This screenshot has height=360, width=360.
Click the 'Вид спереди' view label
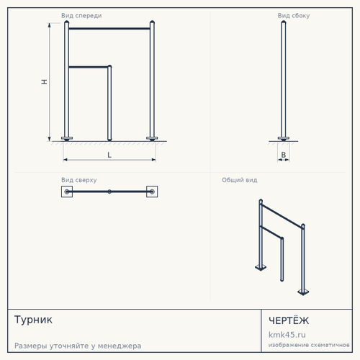pos(81,16)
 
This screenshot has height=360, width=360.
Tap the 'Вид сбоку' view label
pos(294,16)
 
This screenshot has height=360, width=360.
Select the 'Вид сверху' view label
pos(79,180)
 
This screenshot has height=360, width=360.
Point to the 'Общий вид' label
pos(240,180)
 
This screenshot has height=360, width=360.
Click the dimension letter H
pos(44,82)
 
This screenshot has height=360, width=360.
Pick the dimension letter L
pos(109,155)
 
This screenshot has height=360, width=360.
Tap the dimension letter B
pos(284,155)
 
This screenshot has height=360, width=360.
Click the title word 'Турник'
pos(33,320)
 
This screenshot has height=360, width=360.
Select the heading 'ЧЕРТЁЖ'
pos(289,320)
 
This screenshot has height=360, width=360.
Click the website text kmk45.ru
pos(287,335)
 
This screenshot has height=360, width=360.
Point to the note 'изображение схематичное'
pos(309,345)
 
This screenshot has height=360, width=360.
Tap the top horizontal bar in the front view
pos(109,29)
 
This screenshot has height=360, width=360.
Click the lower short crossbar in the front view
pos(88,67)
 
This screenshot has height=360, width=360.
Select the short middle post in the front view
pos(109,103)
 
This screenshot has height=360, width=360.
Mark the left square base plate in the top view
pos(67,192)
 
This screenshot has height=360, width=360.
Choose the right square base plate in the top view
pos(152,192)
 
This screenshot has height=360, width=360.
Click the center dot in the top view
pos(109,192)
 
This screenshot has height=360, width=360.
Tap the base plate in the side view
pos(284,138)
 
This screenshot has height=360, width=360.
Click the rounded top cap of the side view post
pos(284,22)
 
